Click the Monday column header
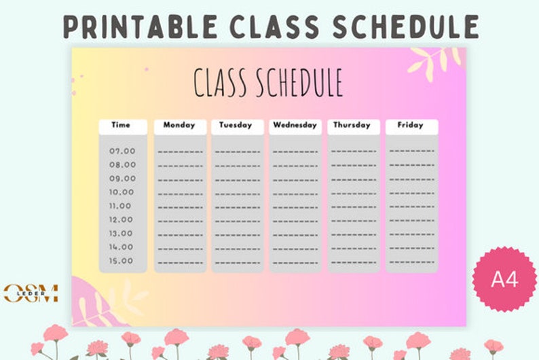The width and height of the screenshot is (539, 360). pyautogui.click(x=179, y=126)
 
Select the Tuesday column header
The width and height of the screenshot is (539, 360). pyautogui.click(x=236, y=126)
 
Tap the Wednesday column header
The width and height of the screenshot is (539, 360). pyautogui.click(x=295, y=126)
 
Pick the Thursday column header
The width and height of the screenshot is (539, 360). pyautogui.click(x=352, y=126)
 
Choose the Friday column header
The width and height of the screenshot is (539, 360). pyautogui.click(x=411, y=126)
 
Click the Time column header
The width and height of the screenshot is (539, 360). pyautogui.click(x=121, y=126)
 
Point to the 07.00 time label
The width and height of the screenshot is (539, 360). pyautogui.click(x=123, y=151)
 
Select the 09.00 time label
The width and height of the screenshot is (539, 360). pyautogui.click(x=123, y=179)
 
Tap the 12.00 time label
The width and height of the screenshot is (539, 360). pyautogui.click(x=122, y=219)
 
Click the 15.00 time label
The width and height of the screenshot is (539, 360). pyautogui.click(x=122, y=261)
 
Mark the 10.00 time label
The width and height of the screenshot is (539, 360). pyautogui.click(x=122, y=192)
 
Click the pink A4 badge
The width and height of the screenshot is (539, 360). pyautogui.click(x=504, y=279)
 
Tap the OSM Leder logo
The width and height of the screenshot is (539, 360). pyautogui.click(x=31, y=293)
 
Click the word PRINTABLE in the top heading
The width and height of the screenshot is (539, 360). pyautogui.click(x=138, y=26)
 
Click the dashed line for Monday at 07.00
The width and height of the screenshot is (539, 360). pyautogui.click(x=180, y=151)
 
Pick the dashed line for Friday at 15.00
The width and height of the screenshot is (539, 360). pyautogui.click(x=411, y=262)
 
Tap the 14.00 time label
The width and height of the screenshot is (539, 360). pyautogui.click(x=122, y=247)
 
